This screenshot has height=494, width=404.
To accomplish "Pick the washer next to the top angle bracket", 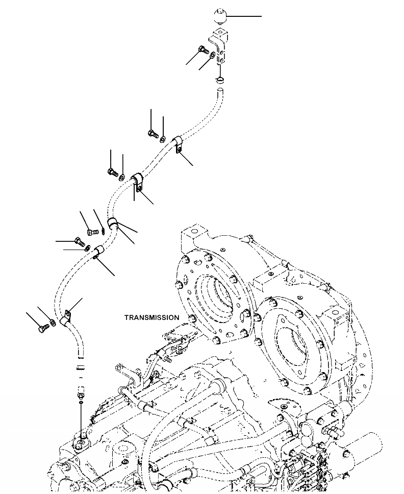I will click(212, 53).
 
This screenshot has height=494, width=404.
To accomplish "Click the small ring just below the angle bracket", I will click(219, 80).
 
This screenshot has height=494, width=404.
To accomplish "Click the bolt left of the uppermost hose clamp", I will click(152, 134).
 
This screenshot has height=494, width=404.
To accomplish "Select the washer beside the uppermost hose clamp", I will click(162, 138).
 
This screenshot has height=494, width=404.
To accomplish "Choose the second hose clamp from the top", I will click(138, 183).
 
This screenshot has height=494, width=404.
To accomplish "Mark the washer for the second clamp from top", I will click(121, 177).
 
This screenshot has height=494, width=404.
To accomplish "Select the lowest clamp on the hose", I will click(66, 319).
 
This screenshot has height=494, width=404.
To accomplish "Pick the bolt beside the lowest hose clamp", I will click(41, 329).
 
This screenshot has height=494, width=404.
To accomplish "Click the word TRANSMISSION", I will click(151, 317).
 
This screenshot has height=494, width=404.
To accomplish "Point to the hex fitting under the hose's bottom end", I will click(81, 393).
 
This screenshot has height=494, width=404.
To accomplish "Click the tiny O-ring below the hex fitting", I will click(81, 403).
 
